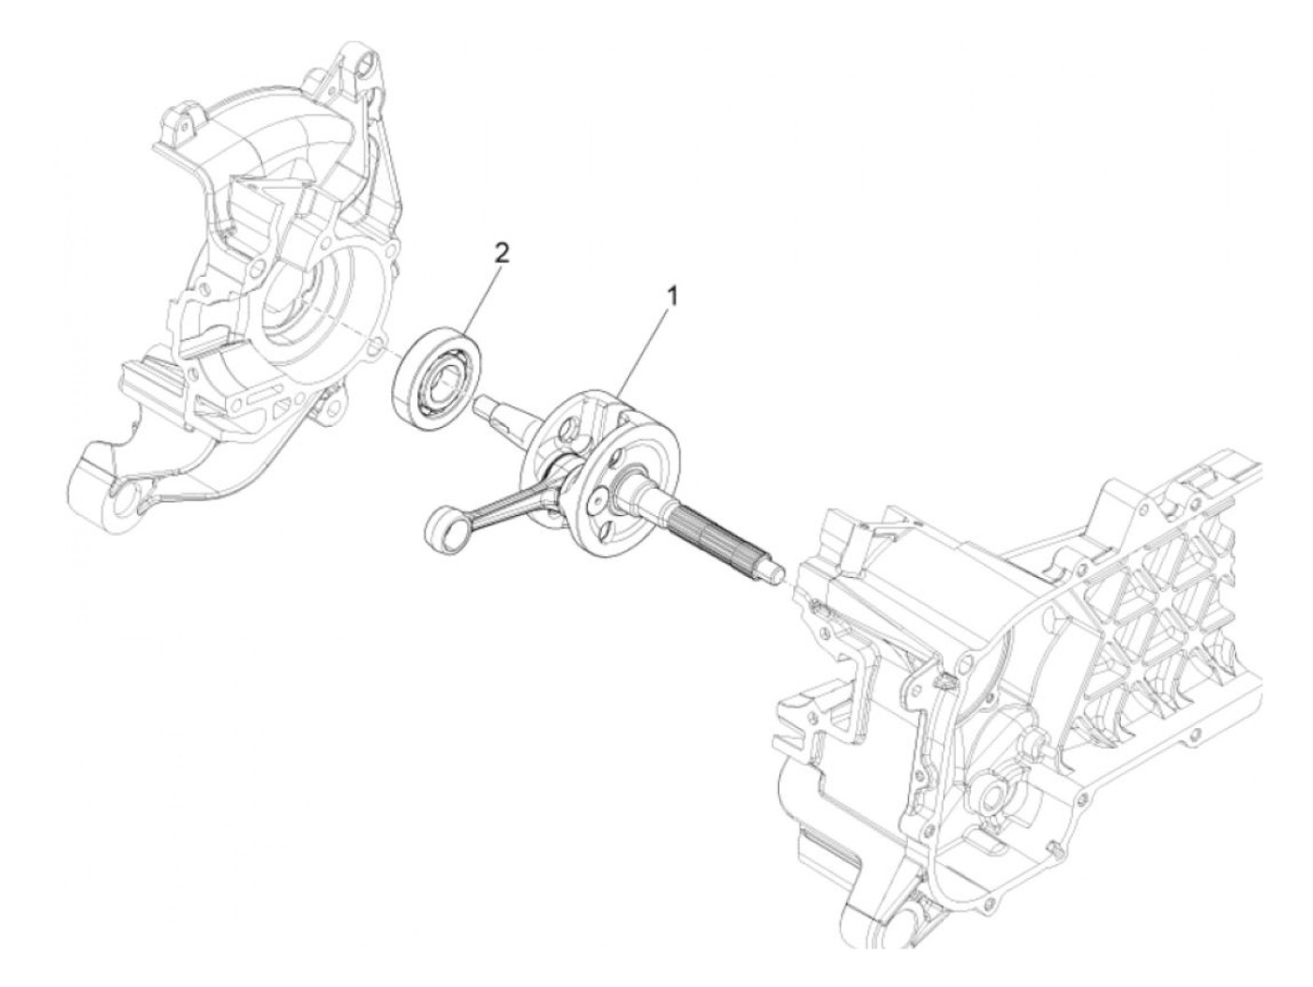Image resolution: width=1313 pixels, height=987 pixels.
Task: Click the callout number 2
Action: tap(504, 252)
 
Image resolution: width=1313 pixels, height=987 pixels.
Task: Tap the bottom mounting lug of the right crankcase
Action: tap(910, 933)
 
